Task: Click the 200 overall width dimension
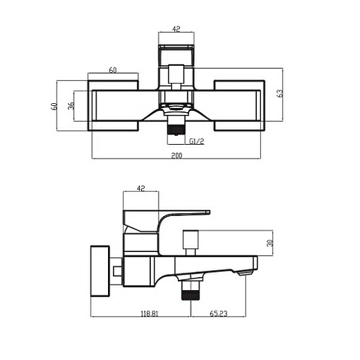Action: (176, 156)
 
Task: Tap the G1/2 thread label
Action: (197, 141)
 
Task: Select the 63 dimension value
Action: (280, 93)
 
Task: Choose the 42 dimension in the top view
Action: (176, 29)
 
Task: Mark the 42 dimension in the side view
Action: (141, 188)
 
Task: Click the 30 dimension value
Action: (270, 243)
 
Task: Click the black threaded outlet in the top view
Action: (176, 129)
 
